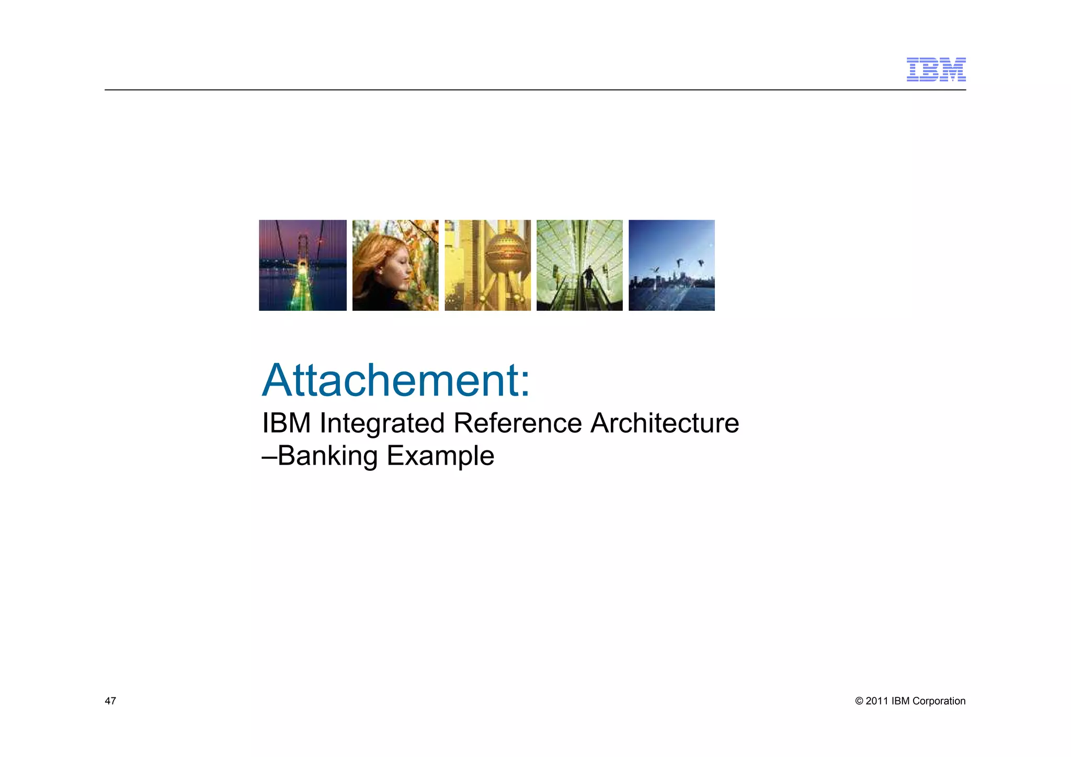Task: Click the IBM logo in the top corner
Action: click(x=936, y=70)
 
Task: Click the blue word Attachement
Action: click(x=389, y=380)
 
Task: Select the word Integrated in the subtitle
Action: click(x=382, y=423)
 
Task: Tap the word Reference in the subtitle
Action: click(x=517, y=423)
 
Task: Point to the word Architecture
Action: click(x=664, y=423)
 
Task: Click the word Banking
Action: click(x=327, y=456)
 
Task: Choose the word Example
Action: click(x=440, y=456)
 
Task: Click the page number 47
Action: click(x=110, y=701)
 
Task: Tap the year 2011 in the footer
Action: click(x=876, y=701)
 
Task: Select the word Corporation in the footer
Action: click(x=939, y=701)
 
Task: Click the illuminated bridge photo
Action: click(x=303, y=265)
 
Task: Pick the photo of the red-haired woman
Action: click(x=395, y=265)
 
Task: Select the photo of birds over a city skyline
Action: click(x=671, y=265)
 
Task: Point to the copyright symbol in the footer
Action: click(x=859, y=701)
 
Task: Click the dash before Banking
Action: click(x=269, y=456)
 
